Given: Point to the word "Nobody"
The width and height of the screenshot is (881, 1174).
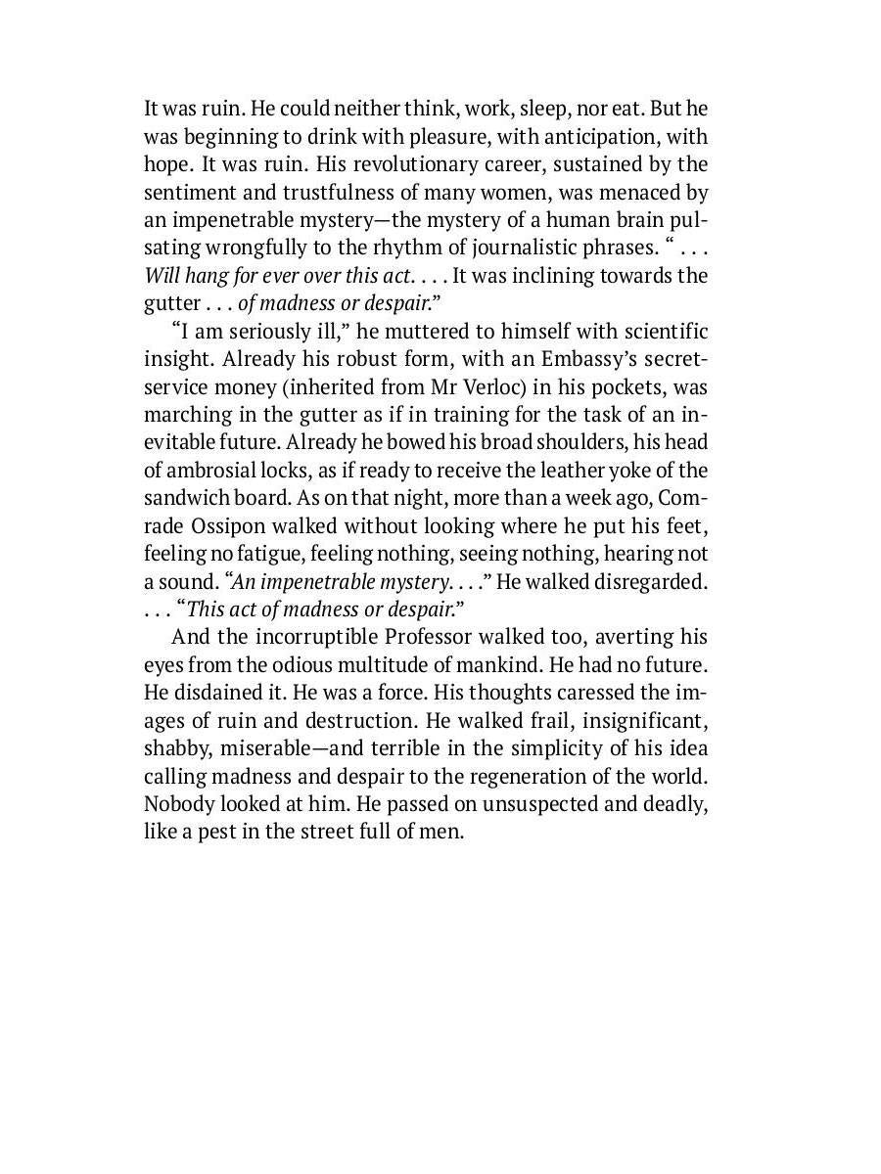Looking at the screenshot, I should coord(174,804).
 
